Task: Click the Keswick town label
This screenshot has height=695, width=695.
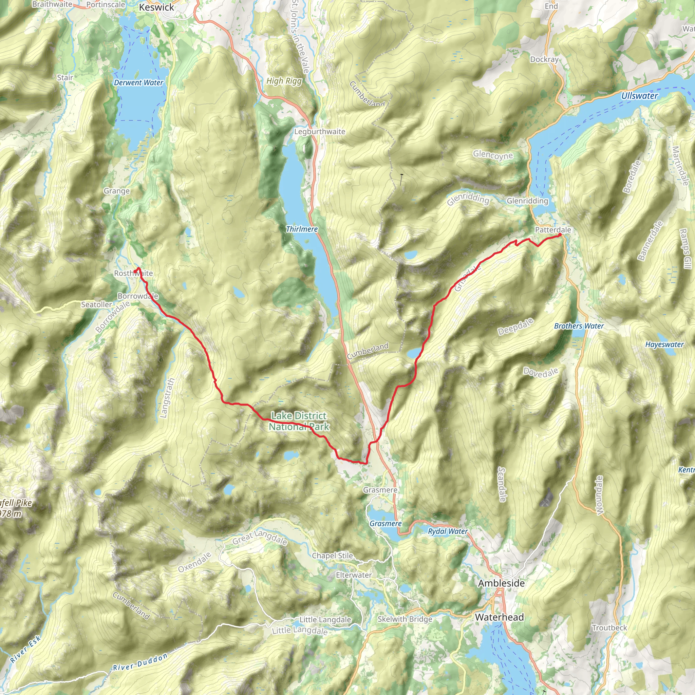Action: [x=156, y=7]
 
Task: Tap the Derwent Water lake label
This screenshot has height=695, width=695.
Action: [x=138, y=83]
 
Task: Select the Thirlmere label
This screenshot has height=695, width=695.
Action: [x=301, y=229]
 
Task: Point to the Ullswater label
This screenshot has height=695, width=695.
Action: [x=639, y=96]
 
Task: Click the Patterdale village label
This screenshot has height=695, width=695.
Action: [x=552, y=229]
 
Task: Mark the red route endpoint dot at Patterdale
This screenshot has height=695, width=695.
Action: [x=560, y=235]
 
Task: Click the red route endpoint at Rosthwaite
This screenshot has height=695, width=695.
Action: [x=135, y=271]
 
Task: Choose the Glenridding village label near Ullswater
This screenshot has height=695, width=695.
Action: [x=527, y=201]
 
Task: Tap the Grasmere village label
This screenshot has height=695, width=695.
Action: [x=380, y=490]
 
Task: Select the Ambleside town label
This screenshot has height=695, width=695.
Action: [x=501, y=583]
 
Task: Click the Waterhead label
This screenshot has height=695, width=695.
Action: [x=499, y=617]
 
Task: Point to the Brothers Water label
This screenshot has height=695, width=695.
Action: [x=579, y=326]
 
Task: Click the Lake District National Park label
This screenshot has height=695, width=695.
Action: [x=299, y=421]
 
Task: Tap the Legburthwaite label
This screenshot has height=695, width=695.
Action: [x=319, y=132]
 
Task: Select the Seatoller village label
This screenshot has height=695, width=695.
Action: [x=96, y=305]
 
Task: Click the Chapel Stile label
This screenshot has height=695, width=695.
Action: [x=332, y=556]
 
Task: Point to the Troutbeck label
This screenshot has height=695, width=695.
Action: [x=609, y=628]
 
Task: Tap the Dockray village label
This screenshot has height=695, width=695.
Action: [x=544, y=59]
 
